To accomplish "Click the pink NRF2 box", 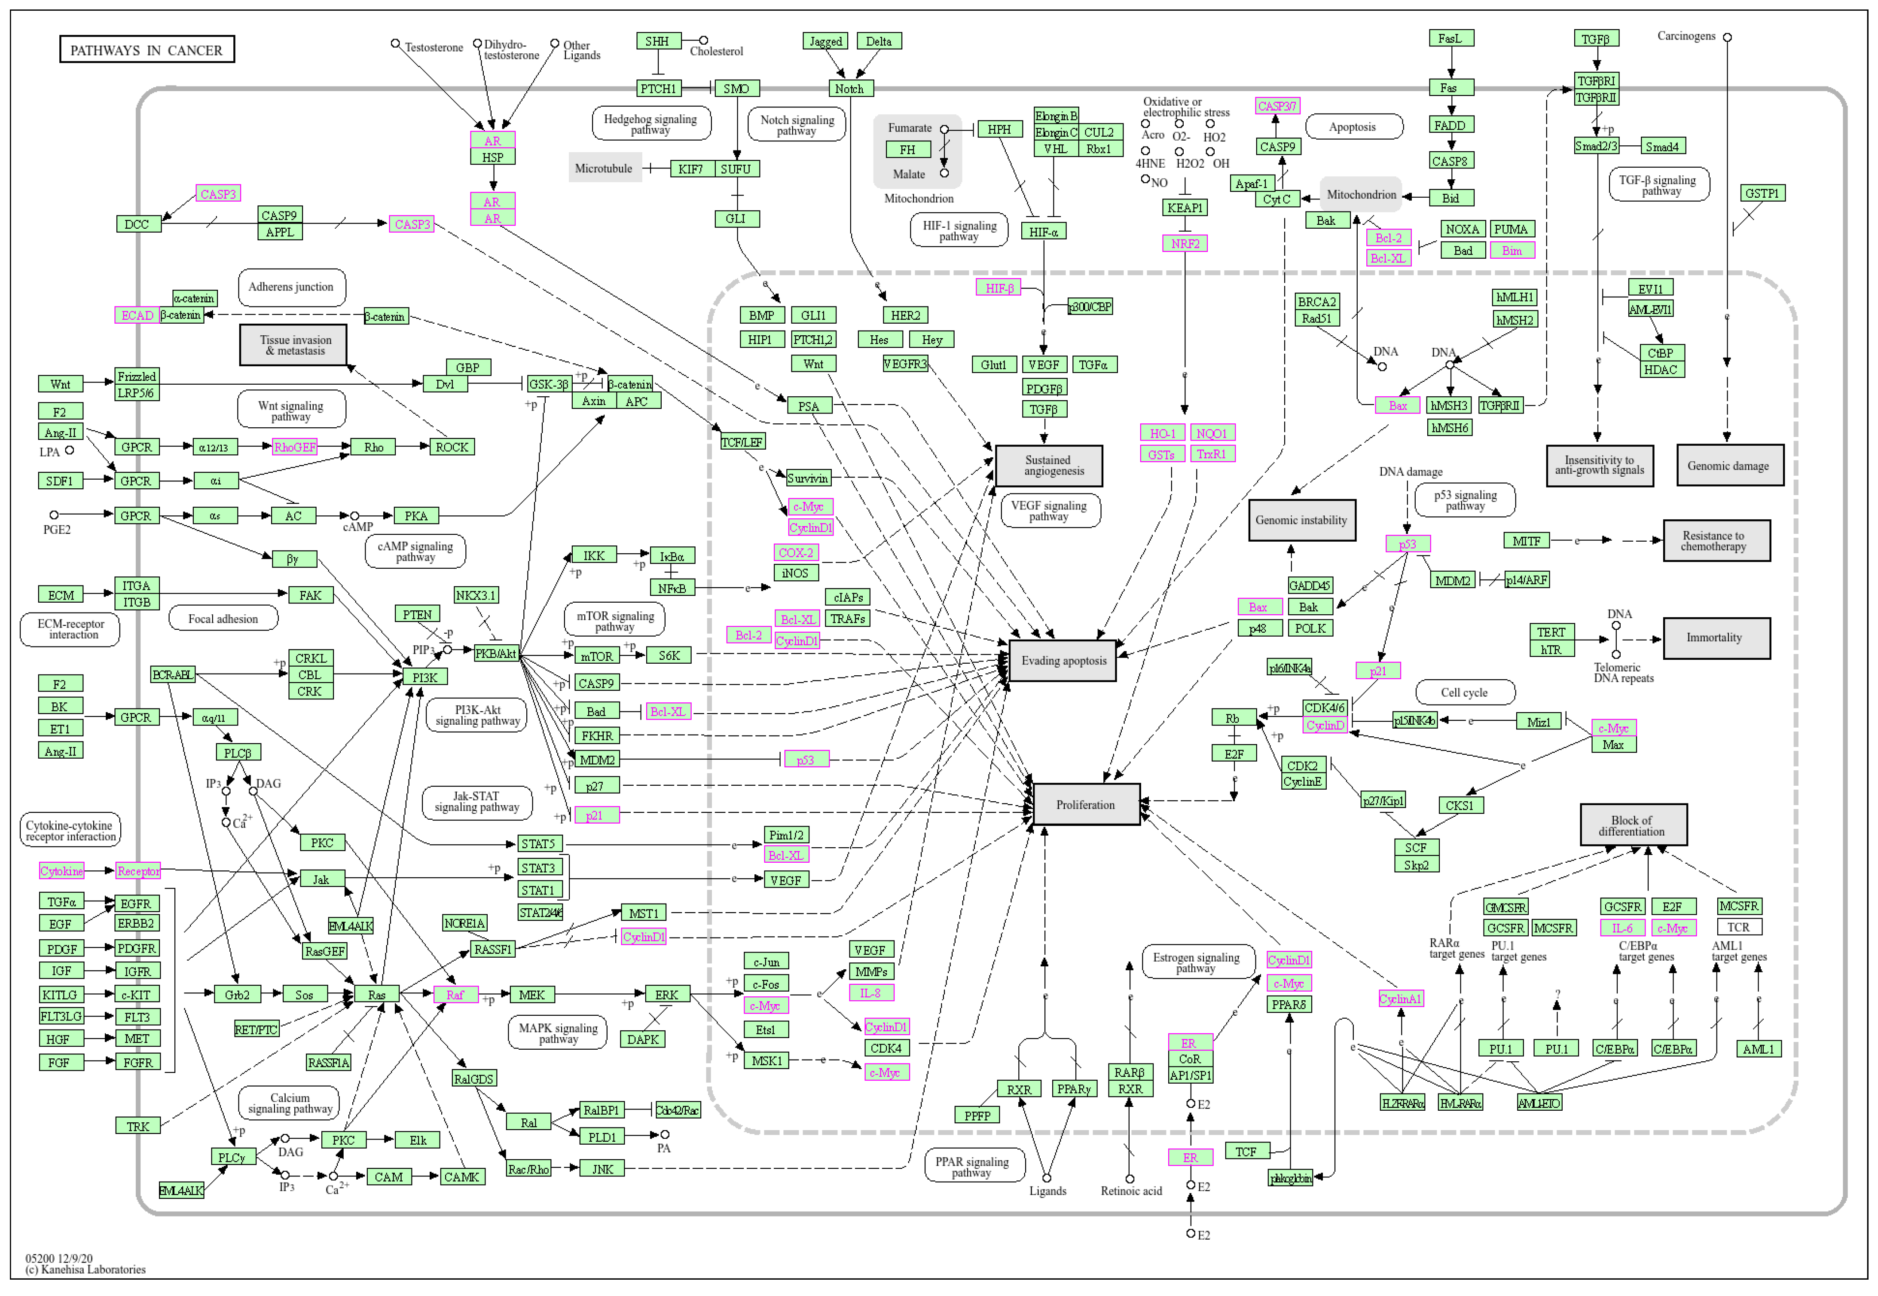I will [1185, 244].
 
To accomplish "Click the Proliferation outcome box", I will [1085, 805].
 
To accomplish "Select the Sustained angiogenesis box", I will [1049, 465].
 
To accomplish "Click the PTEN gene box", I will [417, 615].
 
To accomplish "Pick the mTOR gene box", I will [596, 656].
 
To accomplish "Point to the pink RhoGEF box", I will [295, 447].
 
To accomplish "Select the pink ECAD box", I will [137, 316].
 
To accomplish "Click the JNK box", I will [602, 1169].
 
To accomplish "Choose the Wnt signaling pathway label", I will [290, 411].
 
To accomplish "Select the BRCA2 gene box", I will [1316, 302].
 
